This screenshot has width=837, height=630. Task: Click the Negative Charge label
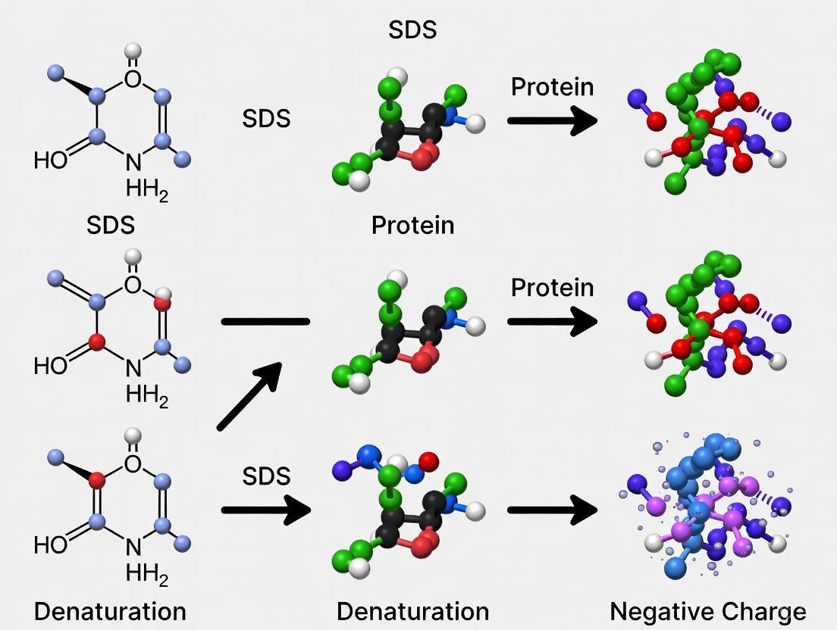(x=707, y=611)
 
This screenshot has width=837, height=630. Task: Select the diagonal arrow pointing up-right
(x=249, y=395)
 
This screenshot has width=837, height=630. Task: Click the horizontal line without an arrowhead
(x=265, y=322)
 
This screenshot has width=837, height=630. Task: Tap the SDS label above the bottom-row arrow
(x=266, y=476)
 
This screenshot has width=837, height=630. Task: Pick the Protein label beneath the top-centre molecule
(x=413, y=225)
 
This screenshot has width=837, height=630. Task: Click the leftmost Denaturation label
(x=110, y=611)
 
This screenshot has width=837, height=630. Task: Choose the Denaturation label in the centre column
(x=413, y=611)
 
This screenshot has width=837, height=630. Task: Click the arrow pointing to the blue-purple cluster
(x=552, y=510)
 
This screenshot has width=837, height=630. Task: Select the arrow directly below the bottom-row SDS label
(x=266, y=510)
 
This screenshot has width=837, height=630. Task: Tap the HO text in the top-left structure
(x=51, y=161)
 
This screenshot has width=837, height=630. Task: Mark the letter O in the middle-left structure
(x=133, y=285)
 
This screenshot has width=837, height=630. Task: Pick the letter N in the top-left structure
(x=133, y=161)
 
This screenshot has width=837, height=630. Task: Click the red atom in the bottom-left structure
(x=97, y=479)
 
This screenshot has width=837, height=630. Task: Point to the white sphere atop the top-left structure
(x=133, y=51)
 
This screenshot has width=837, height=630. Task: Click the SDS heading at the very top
(x=413, y=30)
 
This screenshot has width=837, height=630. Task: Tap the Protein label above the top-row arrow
(x=552, y=87)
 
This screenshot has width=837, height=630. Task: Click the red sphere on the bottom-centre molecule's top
(x=428, y=460)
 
